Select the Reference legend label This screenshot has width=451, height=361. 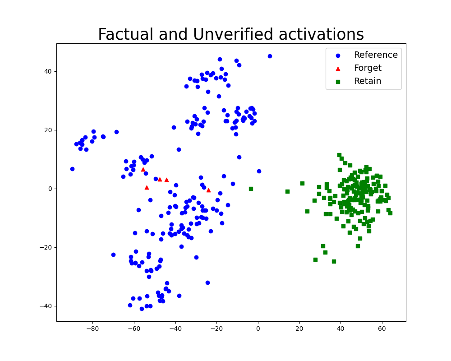click(x=376, y=55)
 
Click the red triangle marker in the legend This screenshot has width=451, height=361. click(x=338, y=69)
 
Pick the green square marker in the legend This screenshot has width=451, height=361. click(x=338, y=82)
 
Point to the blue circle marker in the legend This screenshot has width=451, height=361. click(x=338, y=56)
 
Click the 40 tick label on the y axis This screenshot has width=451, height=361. click(x=48, y=71)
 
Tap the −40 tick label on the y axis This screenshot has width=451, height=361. click(x=46, y=306)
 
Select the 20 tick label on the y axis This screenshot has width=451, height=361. click(x=48, y=130)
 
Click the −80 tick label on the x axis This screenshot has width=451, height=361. click(x=92, y=329)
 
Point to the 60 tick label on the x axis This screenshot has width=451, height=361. click(x=382, y=329)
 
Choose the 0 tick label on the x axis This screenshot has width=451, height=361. click(x=258, y=329)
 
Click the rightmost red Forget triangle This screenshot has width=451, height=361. click(x=208, y=190)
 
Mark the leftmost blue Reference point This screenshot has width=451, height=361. click(x=72, y=169)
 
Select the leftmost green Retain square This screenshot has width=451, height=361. click(x=251, y=189)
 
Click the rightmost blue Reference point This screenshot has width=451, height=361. click(x=270, y=56)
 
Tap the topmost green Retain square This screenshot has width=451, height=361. click(x=340, y=155)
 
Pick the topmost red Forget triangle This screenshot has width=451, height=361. click(x=143, y=170)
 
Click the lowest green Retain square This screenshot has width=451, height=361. click(x=334, y=261)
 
